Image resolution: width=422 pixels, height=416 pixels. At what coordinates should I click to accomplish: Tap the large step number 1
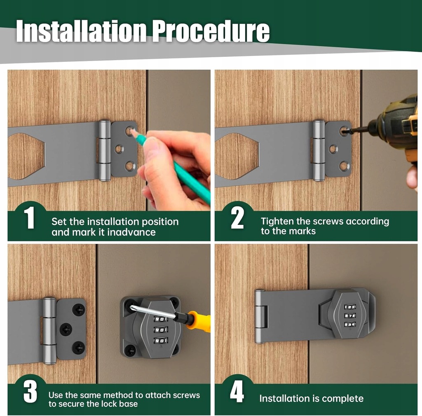pyautogui.click(x=29, y=217)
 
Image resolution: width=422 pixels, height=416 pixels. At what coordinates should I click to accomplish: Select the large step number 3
pyautogui.click(x=30, y=392)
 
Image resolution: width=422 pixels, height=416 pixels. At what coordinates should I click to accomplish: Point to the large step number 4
pyautogui.click(x=237, y=392)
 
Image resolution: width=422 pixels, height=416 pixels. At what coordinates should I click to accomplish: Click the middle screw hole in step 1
pyautogui.click(x=119, y=149)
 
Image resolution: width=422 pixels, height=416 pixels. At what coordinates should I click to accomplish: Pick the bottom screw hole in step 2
pyautogui.click(x=344, y=166)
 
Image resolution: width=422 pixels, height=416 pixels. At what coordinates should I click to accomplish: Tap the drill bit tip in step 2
pyautogui.click(x=346, y=131)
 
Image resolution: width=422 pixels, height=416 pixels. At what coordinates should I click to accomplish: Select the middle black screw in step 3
pyautogui.click(x=66, y=329)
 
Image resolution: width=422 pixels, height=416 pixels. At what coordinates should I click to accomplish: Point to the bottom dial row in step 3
pyautogui.click(x=161, y=341)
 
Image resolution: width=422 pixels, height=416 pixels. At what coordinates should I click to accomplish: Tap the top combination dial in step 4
pyautogui.click(x=350, y=307)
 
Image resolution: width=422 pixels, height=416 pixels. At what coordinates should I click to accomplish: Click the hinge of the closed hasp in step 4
pyautogui.click(x=260, y=316)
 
